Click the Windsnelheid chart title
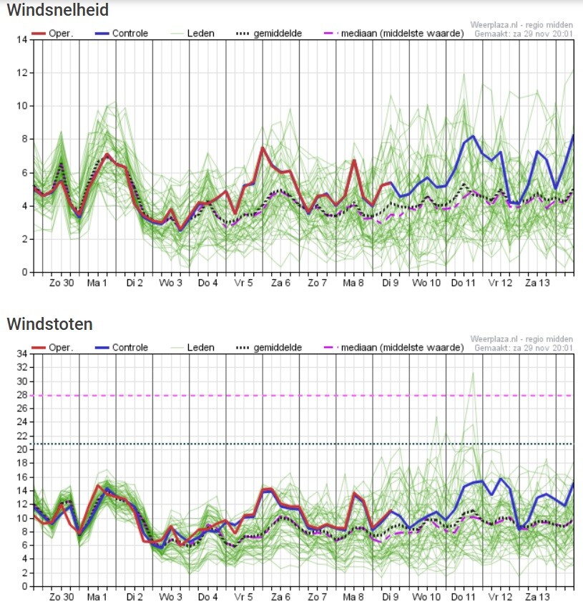coord(58,10)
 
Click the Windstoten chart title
coord(49,324)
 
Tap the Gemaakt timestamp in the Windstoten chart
coord(524,348)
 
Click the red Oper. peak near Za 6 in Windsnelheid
coord(263,148)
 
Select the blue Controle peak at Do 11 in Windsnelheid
coord(473,136)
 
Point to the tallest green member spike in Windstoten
coord(473,373)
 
